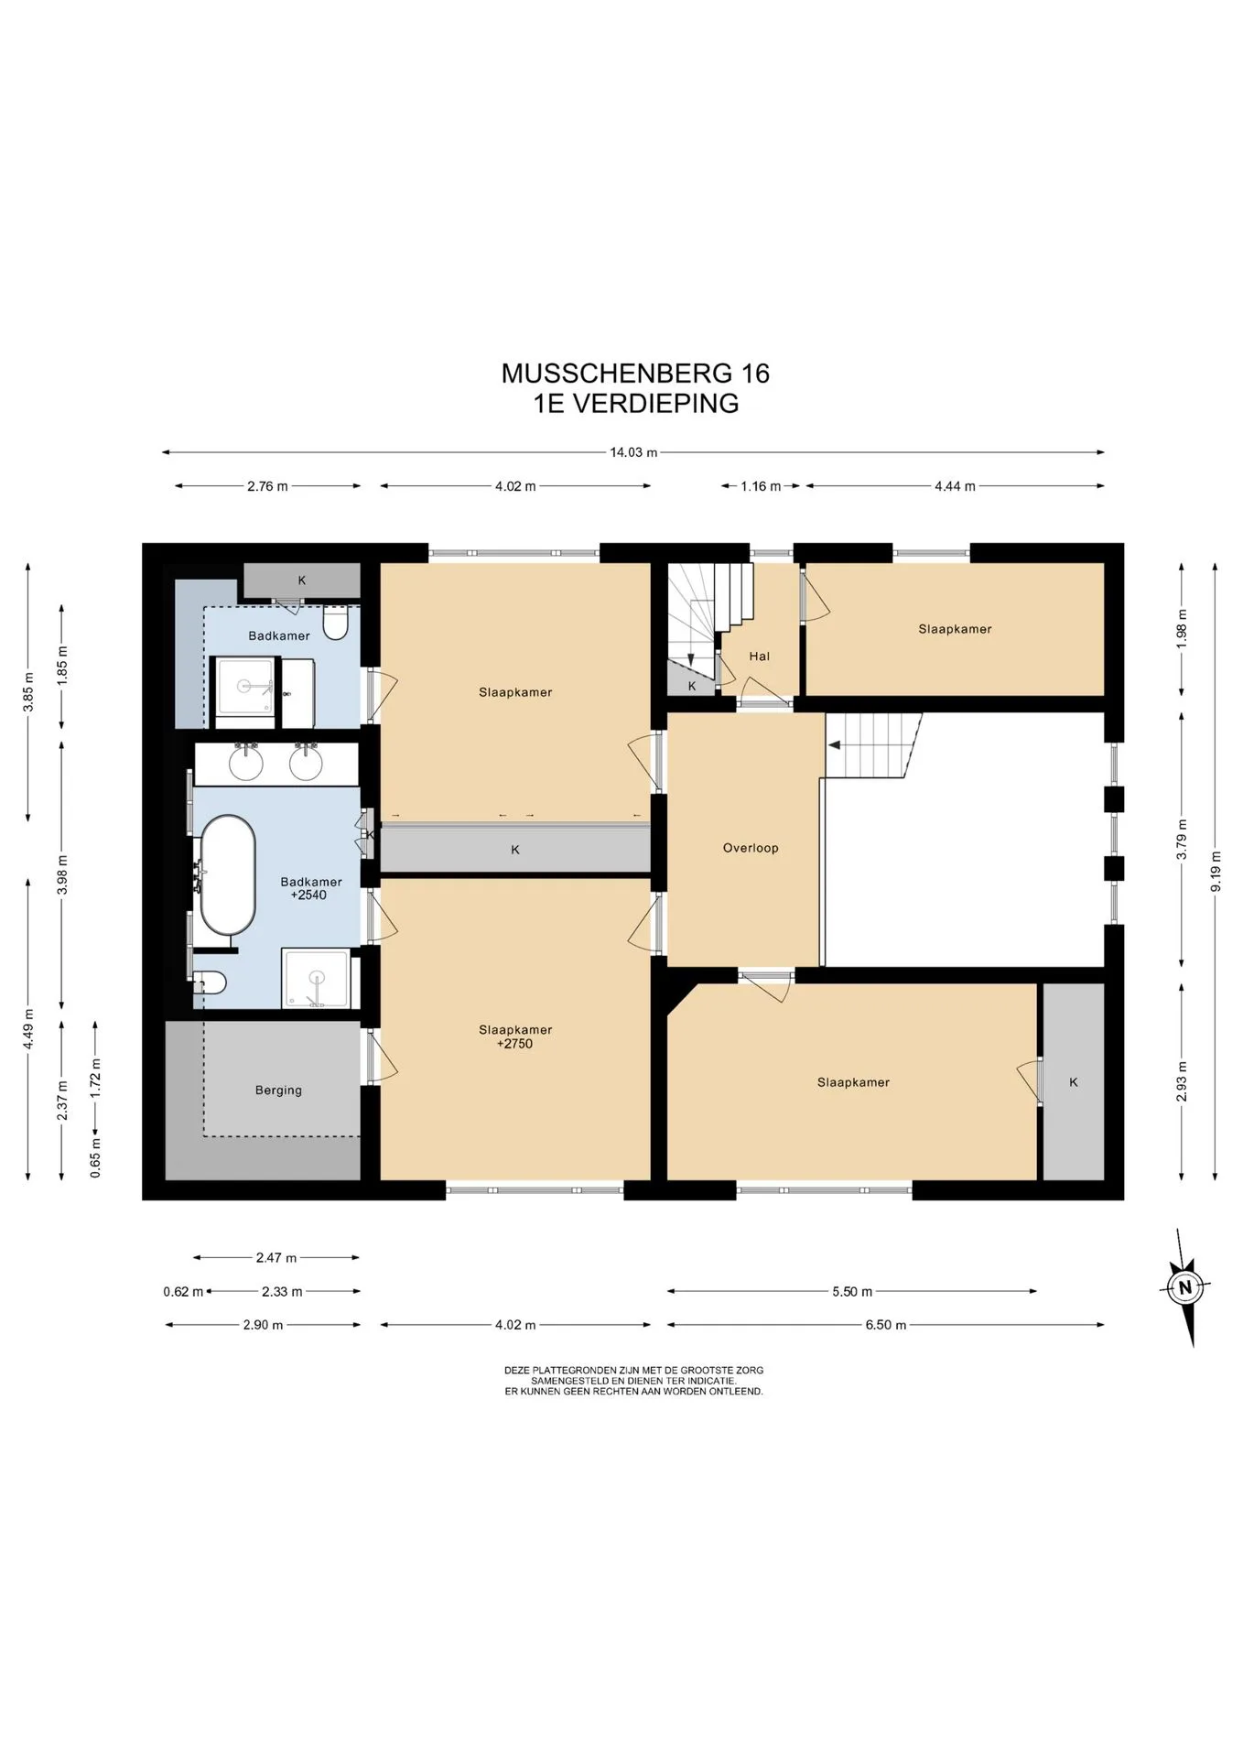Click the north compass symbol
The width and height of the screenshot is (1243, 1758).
pyautogui.click(x=1185, y=1287)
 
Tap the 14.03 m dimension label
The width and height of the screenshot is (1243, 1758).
pyautogui.click(x=633, y=452)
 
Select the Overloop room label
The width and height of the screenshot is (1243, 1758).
pyautogui.click(x=751, y=848)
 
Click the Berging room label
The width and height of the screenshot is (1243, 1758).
pyautogui.click(x=278, y=1091)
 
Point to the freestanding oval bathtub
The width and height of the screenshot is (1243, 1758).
pyautogui.click(x=228, y=875)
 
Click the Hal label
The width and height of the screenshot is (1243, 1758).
pyautogui.click(x=759, y=657)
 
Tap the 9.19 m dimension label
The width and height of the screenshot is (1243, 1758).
pyautogui.click(x=1216, y=872)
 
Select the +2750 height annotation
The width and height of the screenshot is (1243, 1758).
pyautogui.click(x=514, y=1044)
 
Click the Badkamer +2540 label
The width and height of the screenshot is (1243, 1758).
pyautogui.click(x=311, y=888)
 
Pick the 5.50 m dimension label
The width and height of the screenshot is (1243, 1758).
pyautogui.click(x=852, y=1292)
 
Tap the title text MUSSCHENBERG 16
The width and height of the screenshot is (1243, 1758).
pyautogui.click(x=635, y=374)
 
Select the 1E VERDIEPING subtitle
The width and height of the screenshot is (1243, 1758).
pyautogui.click(x=636, y=404)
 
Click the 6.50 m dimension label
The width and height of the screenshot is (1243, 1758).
pyautogui.click(x=885, y=1325)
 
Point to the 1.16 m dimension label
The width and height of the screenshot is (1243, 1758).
pyautogui.click(x=761, y=486)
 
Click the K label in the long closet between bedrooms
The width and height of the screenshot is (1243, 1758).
pyautogui.click(x=515, y=850)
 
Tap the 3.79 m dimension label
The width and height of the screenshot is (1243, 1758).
pyautogui.click(x=1183, y=840)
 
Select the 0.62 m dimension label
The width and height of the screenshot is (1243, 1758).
pyautogui.click(x=183, y=1292)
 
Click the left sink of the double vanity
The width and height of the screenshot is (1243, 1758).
pyautogui.click(x=246, y=763)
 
